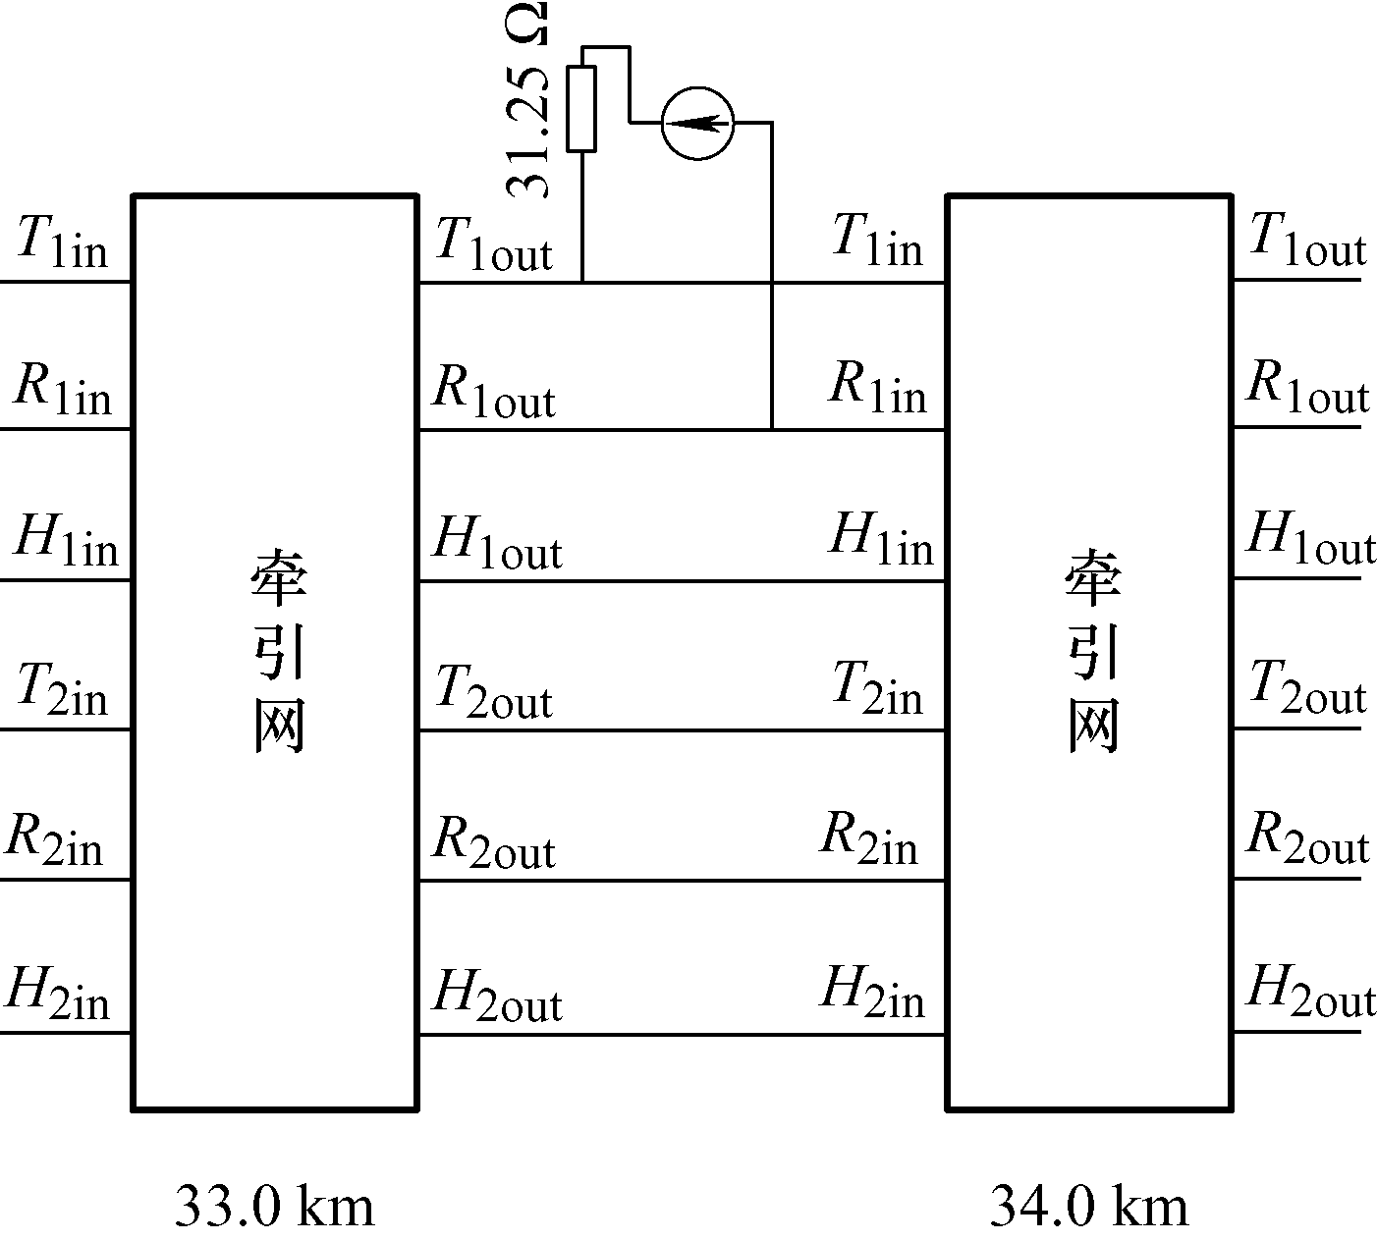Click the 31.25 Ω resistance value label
point(527,100)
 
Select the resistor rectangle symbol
point(581,109)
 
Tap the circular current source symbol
point(698,124)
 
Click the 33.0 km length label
point(275,1206)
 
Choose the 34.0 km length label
point(1088,1206)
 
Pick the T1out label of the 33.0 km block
point(494,244)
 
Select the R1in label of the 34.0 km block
point(878,387)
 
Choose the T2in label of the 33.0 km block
point(63,689)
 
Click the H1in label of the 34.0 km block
point(881,538)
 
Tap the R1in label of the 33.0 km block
point(63,389)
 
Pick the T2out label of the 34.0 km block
point(1308,686)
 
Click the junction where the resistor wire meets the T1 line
point(582,282)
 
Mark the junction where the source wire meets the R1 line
point(772,430)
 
